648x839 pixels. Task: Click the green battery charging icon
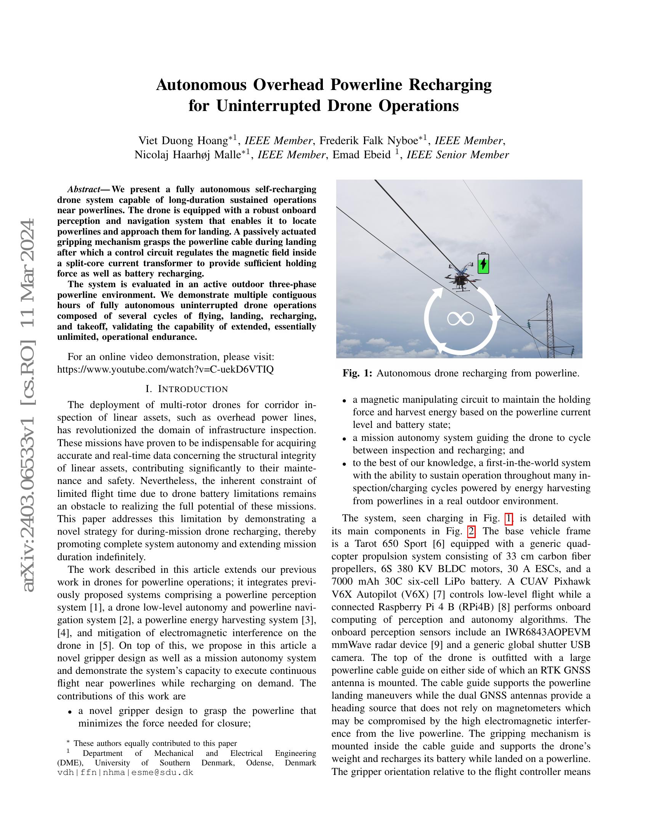(x=483, y=264)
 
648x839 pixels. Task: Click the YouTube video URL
(x=165, y=369)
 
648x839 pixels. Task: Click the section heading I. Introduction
(x=186, y=389)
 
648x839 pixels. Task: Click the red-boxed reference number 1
(x=508, y=519)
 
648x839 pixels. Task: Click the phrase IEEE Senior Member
(x=457, y=155)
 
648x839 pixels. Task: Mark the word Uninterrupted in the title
(x=268, y=106)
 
